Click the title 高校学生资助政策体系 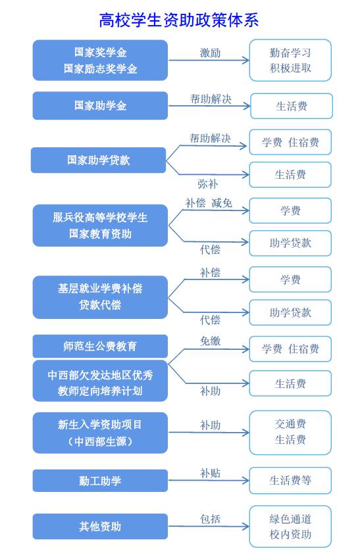(179, 20)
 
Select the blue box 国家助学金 (100, 105)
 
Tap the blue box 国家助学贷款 (99, 160)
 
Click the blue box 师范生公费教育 (100, 346)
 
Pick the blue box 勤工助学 (100, 481)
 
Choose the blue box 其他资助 (100, 526)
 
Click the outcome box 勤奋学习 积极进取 (290, 61)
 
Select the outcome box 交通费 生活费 (290, 432)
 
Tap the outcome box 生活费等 (290, 481)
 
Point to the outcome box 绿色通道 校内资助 (290, 527)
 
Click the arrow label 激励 (210, 53)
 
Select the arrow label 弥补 (207, 184)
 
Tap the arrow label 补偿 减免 (209, 203)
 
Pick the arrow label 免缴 (211, 341)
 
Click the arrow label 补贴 (211, 473)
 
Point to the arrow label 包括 (211, 519)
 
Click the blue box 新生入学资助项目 (100, 433)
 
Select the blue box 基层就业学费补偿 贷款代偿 (100, 297)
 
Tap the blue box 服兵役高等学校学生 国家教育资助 (100, 225)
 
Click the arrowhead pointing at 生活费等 (246, 481)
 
